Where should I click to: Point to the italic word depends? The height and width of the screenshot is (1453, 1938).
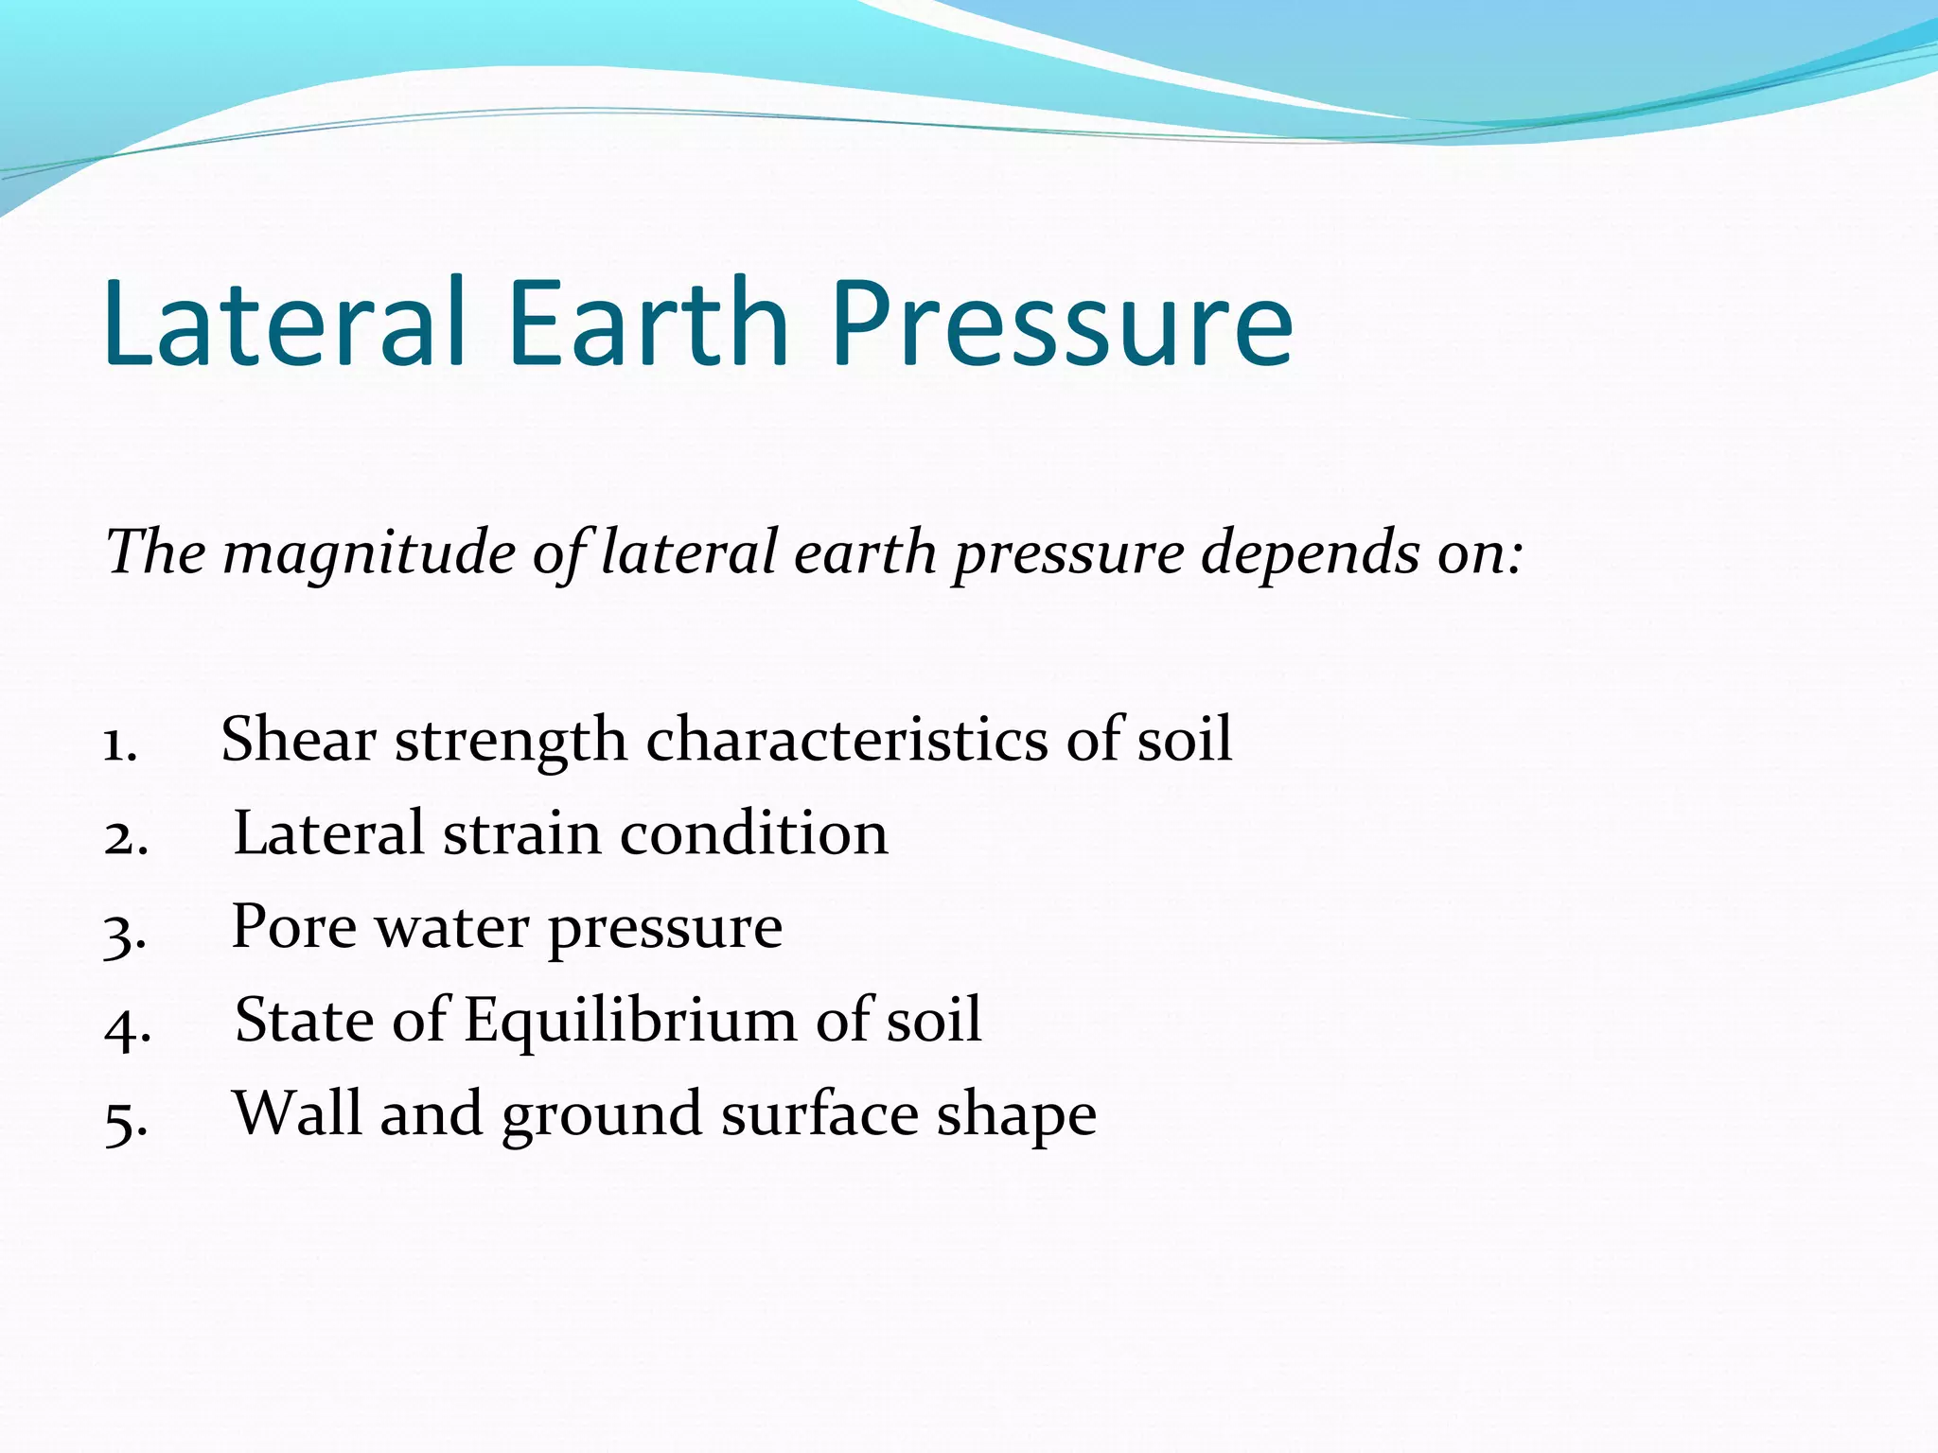pos(1310,552)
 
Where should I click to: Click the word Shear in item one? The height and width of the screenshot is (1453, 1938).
pos(298,739)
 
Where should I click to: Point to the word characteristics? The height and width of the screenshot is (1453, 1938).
pos(846,739)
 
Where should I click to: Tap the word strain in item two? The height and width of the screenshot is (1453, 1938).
pos(521,833)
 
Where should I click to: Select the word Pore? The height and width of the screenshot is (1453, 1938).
pos(294,926)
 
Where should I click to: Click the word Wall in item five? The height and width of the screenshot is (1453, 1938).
pos(298,1113)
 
